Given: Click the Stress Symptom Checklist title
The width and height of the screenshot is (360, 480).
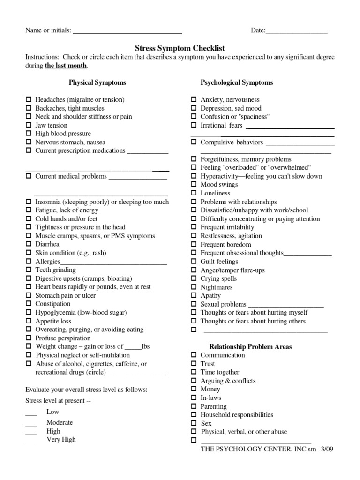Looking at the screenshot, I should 180,48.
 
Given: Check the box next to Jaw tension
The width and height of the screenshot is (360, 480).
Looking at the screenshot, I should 29,125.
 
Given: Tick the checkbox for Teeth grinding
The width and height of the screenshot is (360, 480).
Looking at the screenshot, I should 29,270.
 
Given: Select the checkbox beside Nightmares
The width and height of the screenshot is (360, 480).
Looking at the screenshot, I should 194,287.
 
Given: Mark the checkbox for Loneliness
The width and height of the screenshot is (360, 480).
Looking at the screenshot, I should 194,193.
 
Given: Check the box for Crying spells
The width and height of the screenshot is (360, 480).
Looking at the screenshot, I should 194,278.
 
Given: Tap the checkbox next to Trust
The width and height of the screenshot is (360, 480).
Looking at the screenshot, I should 194,364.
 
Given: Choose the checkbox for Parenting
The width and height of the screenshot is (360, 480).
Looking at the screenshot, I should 194,406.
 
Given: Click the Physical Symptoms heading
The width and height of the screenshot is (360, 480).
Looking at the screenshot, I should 97,82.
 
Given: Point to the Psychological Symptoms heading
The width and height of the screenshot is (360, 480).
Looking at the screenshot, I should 237,82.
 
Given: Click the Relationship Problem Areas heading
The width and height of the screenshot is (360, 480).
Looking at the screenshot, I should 250,347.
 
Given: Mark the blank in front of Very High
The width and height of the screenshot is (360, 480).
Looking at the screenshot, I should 31,441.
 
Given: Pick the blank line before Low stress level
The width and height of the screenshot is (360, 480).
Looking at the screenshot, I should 31,413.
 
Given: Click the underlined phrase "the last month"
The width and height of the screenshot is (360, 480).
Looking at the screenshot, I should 66,66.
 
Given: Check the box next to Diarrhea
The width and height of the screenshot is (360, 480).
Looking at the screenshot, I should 29,244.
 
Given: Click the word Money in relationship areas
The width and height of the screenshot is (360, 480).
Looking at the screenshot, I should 210,389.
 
